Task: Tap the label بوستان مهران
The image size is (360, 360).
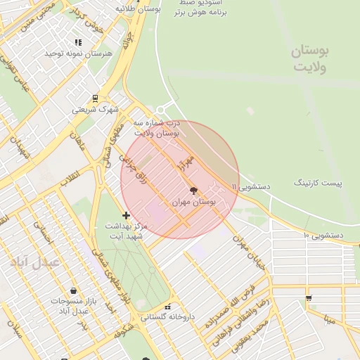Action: [x=194, y=202]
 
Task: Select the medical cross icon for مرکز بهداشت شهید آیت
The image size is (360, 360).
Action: [x=126, y=214]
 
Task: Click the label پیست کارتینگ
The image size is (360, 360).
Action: [x=317, y=183]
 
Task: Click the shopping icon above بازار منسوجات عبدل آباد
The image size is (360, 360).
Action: [x=74, y=290]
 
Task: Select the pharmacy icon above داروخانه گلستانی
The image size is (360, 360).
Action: [x=167, y=307]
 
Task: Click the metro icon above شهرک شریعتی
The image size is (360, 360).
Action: [x=95, y=98]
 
